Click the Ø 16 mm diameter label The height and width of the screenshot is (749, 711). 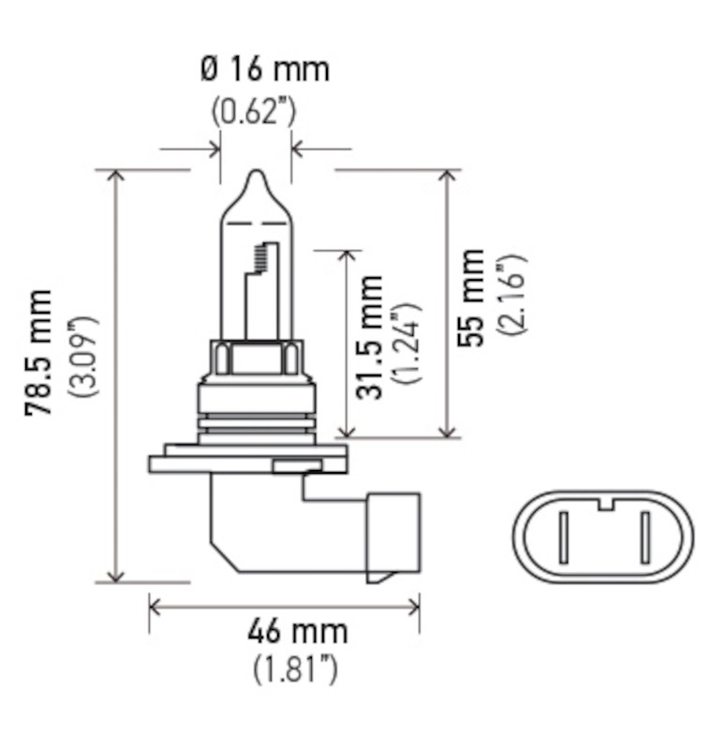pos(264,70)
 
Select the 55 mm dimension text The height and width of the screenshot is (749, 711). pos(471,298)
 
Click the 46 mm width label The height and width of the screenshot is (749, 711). pos(297,632)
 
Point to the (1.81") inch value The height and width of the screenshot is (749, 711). pos(295,669)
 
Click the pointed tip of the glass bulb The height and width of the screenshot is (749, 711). pos(256,175)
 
